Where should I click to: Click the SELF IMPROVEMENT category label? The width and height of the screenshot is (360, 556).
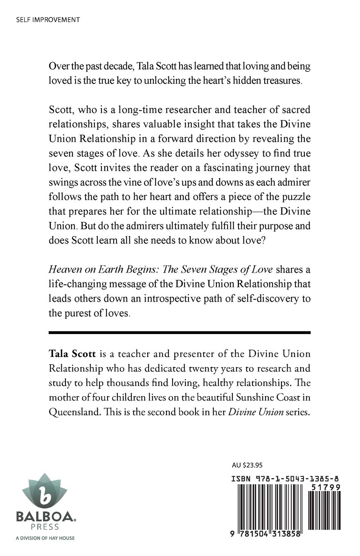(x=42, y=20)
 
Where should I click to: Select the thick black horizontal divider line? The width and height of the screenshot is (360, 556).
(x=180, y=332)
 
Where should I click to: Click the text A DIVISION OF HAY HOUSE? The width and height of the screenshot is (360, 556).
(x=45, y=538)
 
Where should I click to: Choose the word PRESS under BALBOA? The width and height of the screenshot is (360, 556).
(x=45, y=527)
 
